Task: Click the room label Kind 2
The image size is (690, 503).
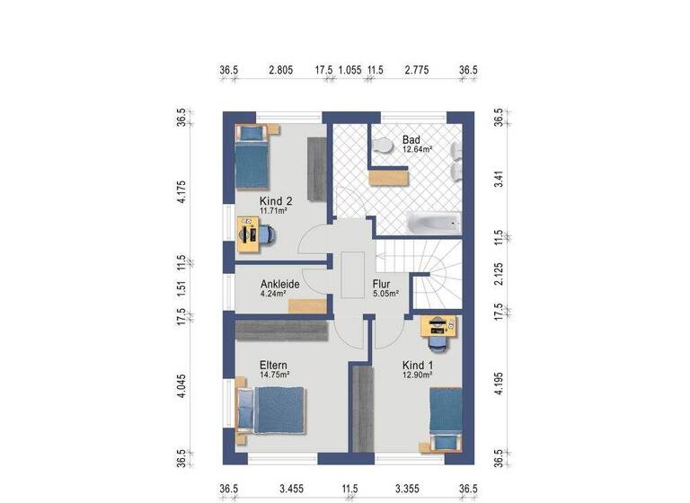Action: click(276, 201)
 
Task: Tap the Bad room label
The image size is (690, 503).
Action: click(411, 140)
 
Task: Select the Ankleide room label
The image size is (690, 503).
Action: click(279, 284)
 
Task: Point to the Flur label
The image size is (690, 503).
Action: click(381, 284)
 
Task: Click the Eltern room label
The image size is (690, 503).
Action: click(273, 366)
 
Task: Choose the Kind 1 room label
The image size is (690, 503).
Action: click(418, 366)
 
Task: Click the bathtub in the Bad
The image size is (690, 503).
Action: click(434, 221)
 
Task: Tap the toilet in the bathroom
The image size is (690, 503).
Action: click(383, 145)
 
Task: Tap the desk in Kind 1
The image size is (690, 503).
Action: click(438, 326)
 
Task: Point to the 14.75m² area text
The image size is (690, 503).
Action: click(274, 375)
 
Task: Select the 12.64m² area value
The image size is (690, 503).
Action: click(418, 150)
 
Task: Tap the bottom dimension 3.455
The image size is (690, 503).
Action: click(292, 490)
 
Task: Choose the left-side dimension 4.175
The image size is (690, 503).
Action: click(181, 193)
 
